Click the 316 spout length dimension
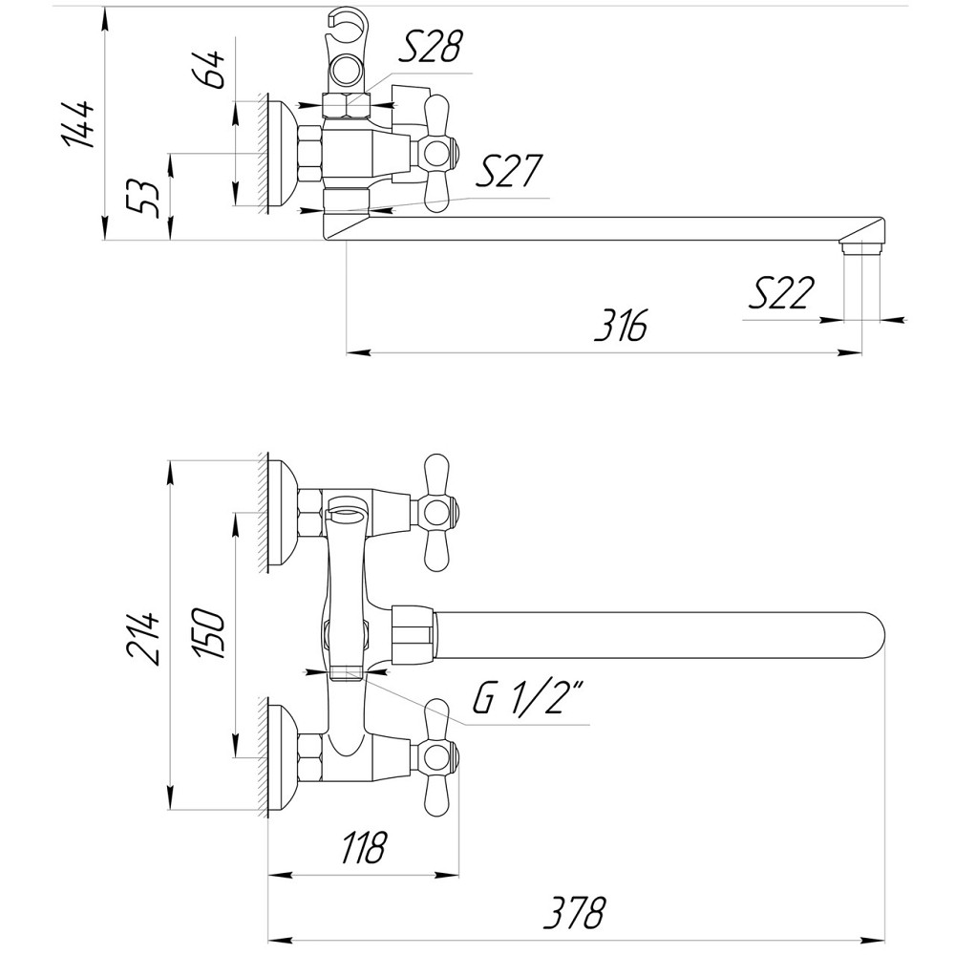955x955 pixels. click(620, 326)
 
